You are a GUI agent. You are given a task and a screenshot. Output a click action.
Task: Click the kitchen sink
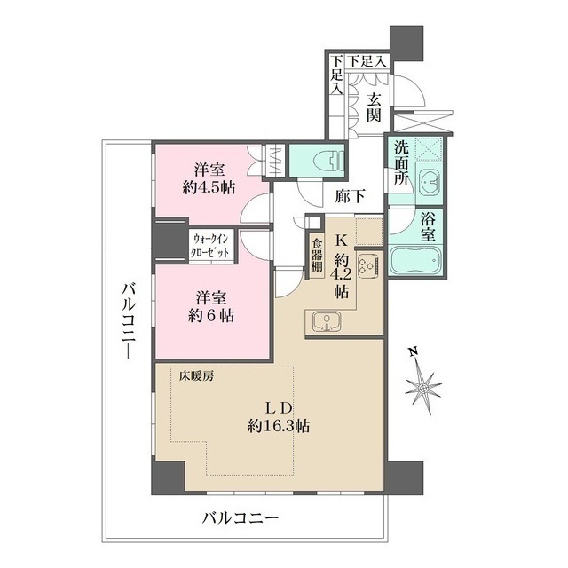pyautogui.click(x=326, y=322)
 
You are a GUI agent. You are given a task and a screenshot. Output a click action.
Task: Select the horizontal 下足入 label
pyautogui.click(x=367, y=61)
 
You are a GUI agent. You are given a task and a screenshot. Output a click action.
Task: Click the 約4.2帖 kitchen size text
pyautogui.click(x=341, y=272)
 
